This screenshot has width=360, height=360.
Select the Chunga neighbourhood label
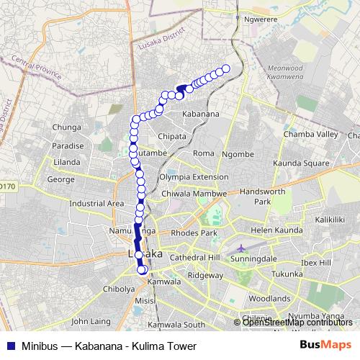coord(67,127)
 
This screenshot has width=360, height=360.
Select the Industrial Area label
coord(96,204)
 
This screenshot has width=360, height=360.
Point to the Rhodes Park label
coord(189,233)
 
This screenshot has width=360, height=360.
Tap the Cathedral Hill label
coord(193,257)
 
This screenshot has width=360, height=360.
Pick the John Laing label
coord(90,321)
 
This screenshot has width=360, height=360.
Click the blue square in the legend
coord(9,346)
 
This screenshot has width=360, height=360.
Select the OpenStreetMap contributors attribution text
coord(297,323)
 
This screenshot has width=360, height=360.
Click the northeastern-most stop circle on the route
coord(225,68)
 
